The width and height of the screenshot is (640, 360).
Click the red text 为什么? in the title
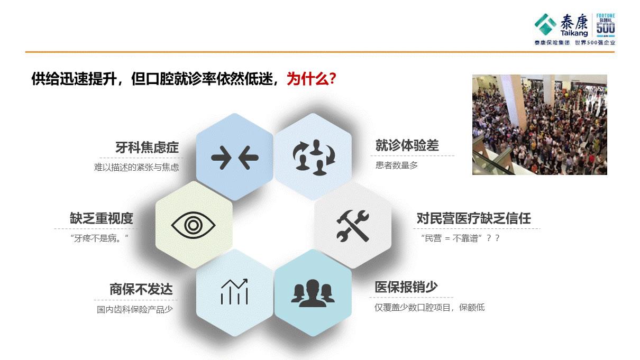(x=312, y=79)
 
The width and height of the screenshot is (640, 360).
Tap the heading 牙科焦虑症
(x=147, y=147)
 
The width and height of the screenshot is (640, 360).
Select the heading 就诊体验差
(x=407, y=145)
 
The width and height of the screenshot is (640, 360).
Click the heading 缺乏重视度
(x=102, y=218)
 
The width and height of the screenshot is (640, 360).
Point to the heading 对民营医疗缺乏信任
(x=473, y=218)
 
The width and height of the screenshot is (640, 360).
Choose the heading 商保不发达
(x=141, y=290)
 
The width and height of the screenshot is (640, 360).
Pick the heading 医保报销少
(x=406, y=287)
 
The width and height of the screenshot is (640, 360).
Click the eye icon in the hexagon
(x=194, y=225)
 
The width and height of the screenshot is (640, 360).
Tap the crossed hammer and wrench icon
(x=353, y=226)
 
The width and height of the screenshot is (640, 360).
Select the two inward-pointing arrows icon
(x=234, y=157)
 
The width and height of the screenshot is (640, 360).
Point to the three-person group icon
(x=313, y=292)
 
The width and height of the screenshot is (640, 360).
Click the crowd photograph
(x=540, y=125)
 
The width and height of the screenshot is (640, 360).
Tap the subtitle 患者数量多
(x=397, y=165)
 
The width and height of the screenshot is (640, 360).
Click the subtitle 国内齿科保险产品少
(x=135, y=310)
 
